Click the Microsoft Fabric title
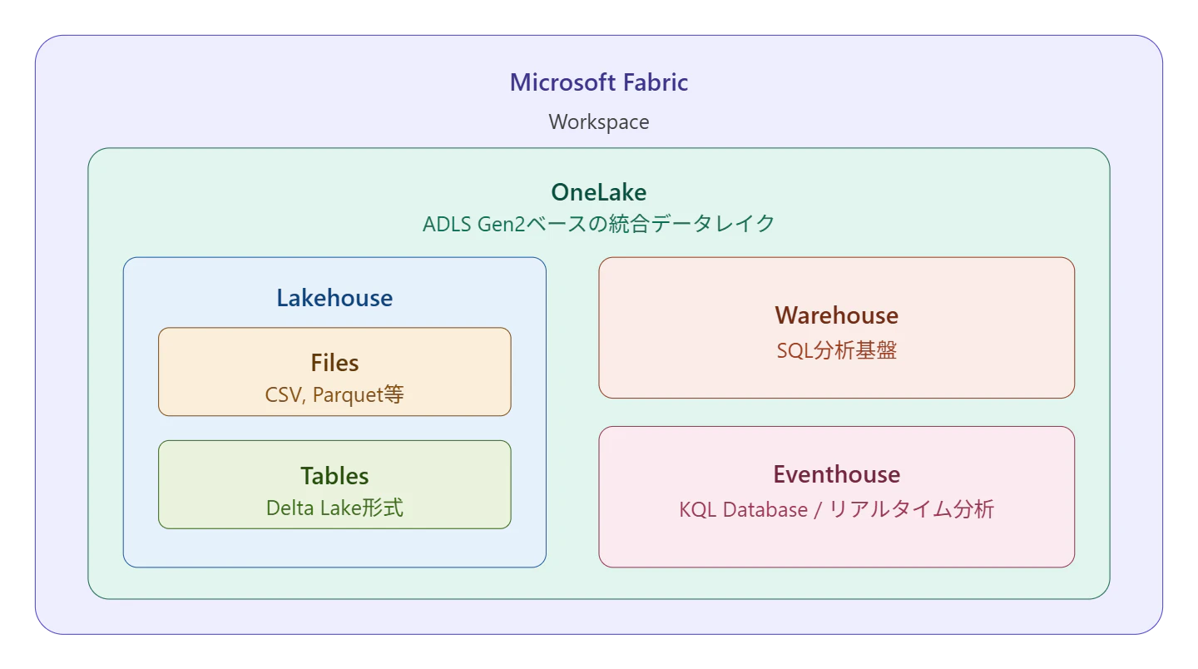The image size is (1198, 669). click(598, 82)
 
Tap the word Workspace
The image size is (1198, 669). click(598, 122)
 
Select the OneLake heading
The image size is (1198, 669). click(598, 192)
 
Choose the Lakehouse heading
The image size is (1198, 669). click(334, 298)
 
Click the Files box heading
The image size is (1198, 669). click(334, 363)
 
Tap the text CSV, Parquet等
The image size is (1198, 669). click(334, 394)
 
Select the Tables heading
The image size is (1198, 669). click(334, 476)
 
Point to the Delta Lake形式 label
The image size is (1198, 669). click(334, 508)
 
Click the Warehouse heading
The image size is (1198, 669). click(836, 315)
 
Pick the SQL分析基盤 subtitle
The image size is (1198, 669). click(836, 350)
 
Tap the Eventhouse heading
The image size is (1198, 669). click(836, 474)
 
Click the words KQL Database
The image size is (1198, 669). click(744, 509)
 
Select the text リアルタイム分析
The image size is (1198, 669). click(911, 509)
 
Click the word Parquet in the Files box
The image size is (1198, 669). click(348, 395)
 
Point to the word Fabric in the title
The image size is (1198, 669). click(656, 82)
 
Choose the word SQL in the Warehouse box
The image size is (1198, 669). click(795, 351)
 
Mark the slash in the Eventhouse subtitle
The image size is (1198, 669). click(818, 510)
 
